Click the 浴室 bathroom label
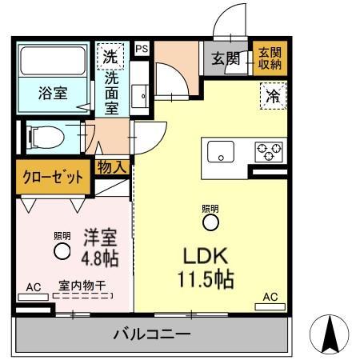[x=53, y=92]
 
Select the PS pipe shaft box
[x=142, y=50]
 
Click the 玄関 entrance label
[x=226, y=58]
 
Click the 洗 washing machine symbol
[x=111, y=57]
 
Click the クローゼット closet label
[x=51, y=177]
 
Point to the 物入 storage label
[x=112, y=166]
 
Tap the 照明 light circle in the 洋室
[x=62, y=251]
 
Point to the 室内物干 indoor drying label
[x=82, y=284]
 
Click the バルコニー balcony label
[x=151, y=334]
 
